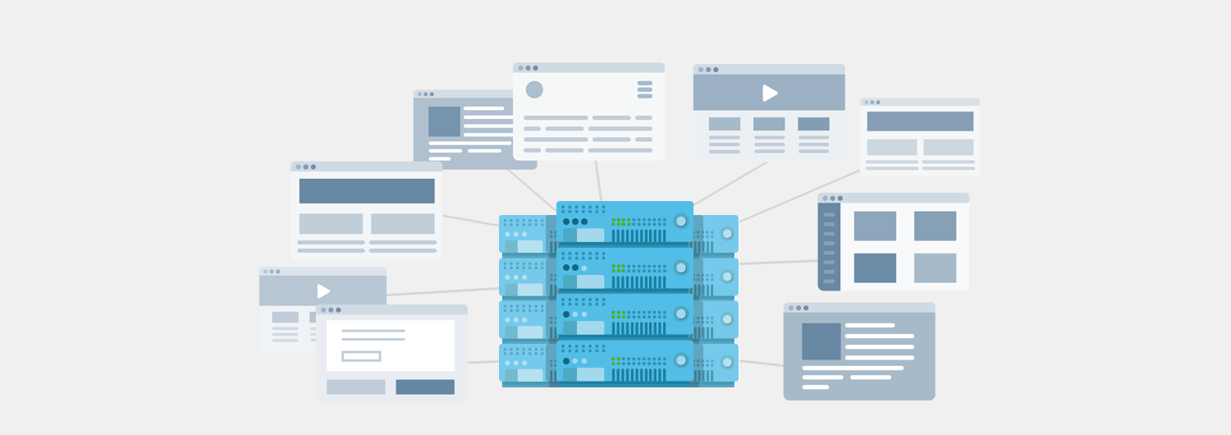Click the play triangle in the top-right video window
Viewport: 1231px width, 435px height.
tap(770, 93)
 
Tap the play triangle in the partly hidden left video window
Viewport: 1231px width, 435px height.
tap(323, 291)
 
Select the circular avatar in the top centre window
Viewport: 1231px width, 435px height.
tap(534, 89)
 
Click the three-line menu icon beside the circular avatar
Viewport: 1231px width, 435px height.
tap(645, 89)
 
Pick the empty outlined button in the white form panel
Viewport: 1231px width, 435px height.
tap(361, 356)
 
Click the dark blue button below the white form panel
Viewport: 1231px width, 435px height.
tap(425, 387)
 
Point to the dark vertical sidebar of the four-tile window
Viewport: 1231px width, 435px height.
tap(829, 246)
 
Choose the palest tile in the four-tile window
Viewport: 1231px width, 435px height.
tap(935, 268)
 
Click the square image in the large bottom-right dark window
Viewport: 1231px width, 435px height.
tap(821, 341)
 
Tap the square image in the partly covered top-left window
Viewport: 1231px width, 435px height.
tap(444, 121)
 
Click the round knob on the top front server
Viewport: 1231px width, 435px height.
tap(681, 221)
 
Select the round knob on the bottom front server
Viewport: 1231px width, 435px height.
tap(681, 360)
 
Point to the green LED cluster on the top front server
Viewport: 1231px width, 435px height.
tap(621, 222)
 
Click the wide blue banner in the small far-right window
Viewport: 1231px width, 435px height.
tap(920, 121)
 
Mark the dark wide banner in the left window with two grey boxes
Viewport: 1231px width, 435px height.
tap(367, 191)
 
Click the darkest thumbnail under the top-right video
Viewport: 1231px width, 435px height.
tap(813, 124)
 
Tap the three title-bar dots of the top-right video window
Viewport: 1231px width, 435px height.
tap(708, 70)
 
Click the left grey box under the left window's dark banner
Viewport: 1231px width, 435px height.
tap(331, 224)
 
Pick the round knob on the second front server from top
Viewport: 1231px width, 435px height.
tap(681, 268)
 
